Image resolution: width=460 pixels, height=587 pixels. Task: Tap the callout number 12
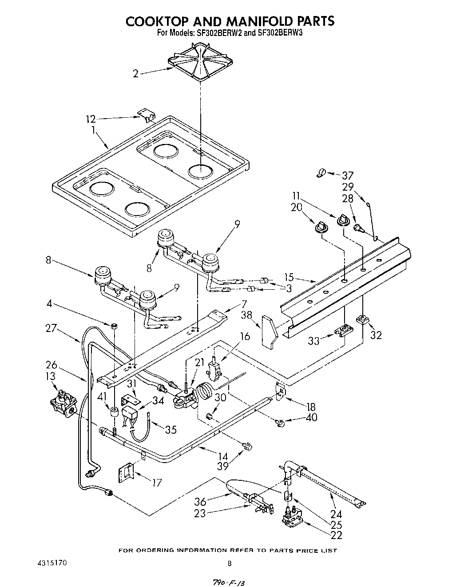pyautogui.click(x=91, y=119)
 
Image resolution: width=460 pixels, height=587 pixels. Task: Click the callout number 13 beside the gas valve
pyautogui.click(x=51, y=377)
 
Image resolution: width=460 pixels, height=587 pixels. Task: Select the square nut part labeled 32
pyautogui.click(x=362, y=319)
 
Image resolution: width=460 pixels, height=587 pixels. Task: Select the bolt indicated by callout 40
pyautogui.click(x=281, y=423)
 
